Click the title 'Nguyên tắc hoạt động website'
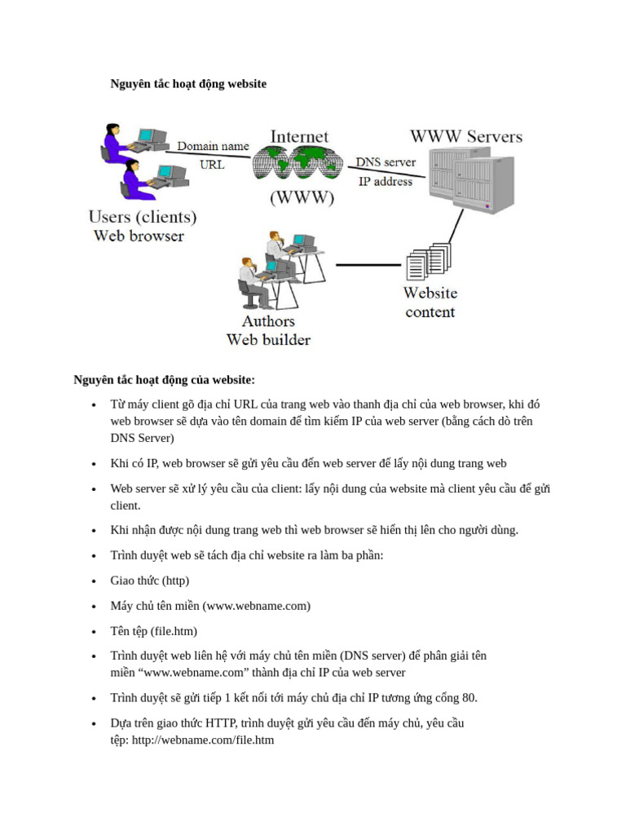[x=188, y=84]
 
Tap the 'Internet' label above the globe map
[x=299, y=137]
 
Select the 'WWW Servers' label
[x=465, y=136]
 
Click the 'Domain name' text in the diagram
[x=213, y=146]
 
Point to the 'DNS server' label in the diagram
[x=386, y=162]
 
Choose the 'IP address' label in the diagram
[x=386, y=181]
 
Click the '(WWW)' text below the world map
[x=301, y=198]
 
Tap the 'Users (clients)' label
[x=142, y=218]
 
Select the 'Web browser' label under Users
[x=139, y=236]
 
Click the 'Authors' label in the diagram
[x=268, y=321]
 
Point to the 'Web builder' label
[x=268, y=340]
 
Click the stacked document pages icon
[x=428, y=260]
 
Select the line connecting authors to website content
[x=369, y=265]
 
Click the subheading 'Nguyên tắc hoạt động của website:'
[x=164, y=380]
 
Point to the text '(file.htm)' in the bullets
[x=174, y=631]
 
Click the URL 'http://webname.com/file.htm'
[x=202, y=740]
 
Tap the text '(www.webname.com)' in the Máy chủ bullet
[x=257, y=606]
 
